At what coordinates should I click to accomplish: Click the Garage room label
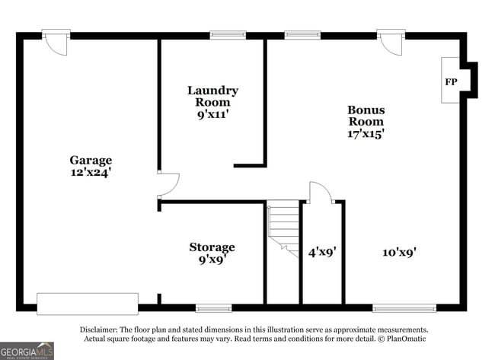tap(91, 160)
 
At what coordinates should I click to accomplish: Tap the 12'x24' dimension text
tap(91, 172)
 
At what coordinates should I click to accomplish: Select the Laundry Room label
tap(212, 96)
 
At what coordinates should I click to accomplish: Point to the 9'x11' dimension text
tap(212, 114)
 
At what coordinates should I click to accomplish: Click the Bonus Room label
tap(366, 115)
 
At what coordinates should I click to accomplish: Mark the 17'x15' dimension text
tap(366, 133)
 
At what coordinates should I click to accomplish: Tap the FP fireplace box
tap(451, 81)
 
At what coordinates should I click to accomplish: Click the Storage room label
tap(212, 247)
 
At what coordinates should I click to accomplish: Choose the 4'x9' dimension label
tap(322, 251)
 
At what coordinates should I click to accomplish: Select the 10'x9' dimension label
tap(399, 251)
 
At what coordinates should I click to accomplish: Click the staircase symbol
tap(283, 227)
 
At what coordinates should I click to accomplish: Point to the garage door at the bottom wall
tap(88, 304)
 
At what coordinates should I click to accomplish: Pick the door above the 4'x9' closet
tap(320, 193)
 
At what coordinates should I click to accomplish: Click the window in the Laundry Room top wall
tap(228, 35)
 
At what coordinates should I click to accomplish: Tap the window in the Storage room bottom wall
tap(213, 308)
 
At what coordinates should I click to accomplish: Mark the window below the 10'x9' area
tap(404, 308)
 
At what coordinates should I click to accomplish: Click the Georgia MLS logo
tap(27, 350)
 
